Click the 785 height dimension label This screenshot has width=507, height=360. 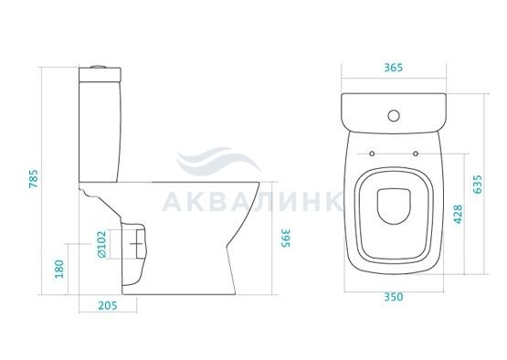coord(34,178)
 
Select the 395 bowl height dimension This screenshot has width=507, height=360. coord(286,238)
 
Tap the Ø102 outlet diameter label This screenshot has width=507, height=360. coord(101,244)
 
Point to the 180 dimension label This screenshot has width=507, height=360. coord(59,270)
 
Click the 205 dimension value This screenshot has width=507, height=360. coord(108,305)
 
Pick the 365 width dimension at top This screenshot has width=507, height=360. coord(393,68)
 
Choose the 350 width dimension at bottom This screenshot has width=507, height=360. coord(394,297)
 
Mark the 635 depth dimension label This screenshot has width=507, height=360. coord(477,185)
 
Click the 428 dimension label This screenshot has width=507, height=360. coord(458,214)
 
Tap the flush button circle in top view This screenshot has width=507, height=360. coord(394,115)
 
